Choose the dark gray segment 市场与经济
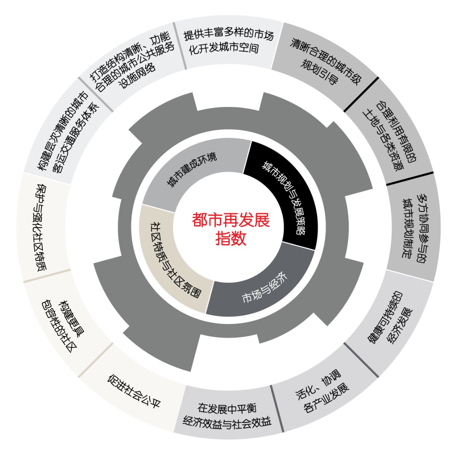click(x=263, y=290)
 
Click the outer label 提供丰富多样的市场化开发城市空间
click(x=228, y=43)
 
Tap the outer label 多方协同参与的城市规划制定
click(x=414, y=229)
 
